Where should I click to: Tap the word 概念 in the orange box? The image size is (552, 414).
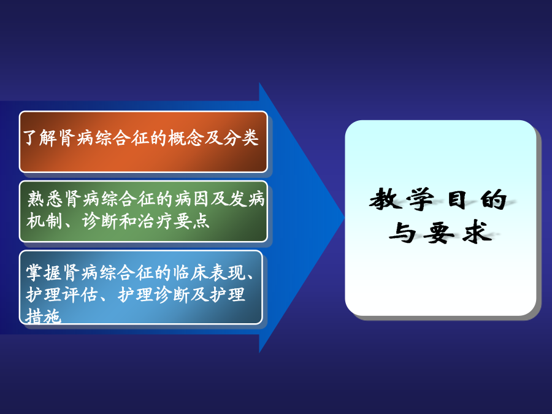(186, 137)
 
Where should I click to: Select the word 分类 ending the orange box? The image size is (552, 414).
(241, 137)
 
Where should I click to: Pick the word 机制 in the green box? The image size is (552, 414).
(44, 221)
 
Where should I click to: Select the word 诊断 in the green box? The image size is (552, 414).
(100, 221)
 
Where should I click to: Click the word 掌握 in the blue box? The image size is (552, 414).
(44, 272)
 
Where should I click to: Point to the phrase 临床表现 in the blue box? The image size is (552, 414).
(209, 272)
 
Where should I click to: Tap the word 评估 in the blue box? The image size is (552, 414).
(80, 294)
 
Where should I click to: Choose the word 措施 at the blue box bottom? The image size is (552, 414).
(44, 316)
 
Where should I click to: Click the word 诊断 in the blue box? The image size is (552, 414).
(172, 294)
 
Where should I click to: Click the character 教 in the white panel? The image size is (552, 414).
(386, 199)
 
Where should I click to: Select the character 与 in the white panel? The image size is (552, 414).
(402, 232)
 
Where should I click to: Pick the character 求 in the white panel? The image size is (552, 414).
(477, 232)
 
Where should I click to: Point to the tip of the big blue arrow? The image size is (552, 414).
(344, 217)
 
